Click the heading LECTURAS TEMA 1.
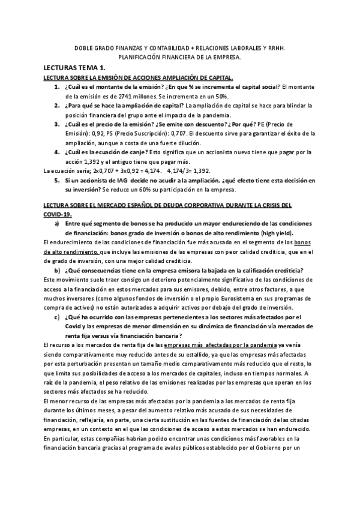click(75, 69)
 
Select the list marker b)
click(56, 270)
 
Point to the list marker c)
click(56, 316)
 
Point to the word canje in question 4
click(139, 152)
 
